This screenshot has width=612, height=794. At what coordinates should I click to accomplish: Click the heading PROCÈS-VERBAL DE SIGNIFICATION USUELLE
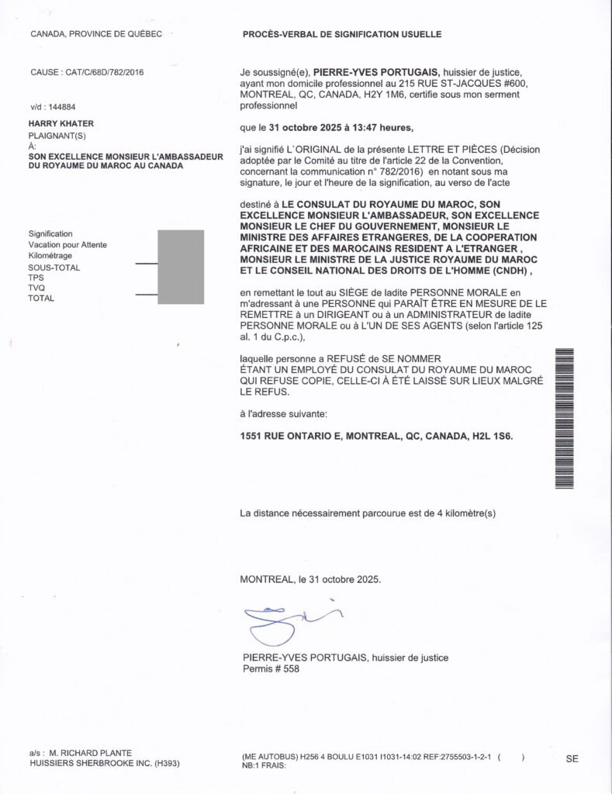pos(342,35)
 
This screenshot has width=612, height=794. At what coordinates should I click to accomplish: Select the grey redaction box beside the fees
pos(181,266)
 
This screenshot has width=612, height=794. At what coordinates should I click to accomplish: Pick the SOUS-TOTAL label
pos(54,268)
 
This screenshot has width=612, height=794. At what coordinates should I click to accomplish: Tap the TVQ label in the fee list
pos(36,288)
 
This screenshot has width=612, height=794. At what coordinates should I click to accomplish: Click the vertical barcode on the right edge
pos(564,419)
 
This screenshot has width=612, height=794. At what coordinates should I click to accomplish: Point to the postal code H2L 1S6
pos(489,437)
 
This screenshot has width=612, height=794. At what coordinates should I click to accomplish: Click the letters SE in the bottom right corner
pos(572,759)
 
